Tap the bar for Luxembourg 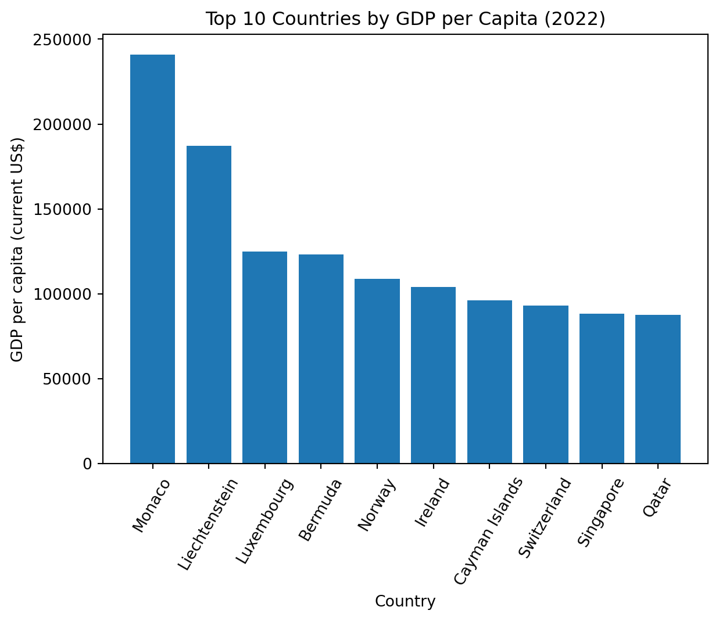click(264, 357)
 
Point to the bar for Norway click(377, 371)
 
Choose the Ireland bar click(433, 375)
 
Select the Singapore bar click(602, 389)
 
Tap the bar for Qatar click(658, 389)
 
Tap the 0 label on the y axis click(88, 464)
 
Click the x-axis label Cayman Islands click(489, 531)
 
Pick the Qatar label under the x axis click(658, 498)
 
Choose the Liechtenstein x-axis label click(208, 524)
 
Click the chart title click(405, 19)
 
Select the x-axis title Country click(405, 601)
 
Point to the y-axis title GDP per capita click(17, 249)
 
